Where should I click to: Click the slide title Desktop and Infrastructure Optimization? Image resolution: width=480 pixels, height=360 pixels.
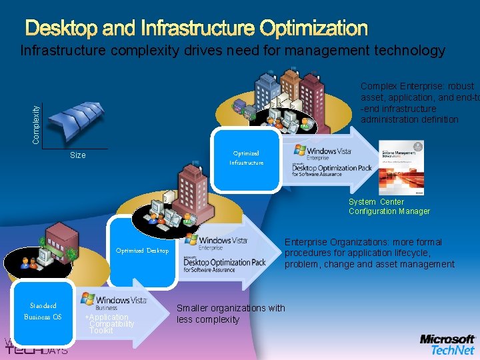[x=197, y=29]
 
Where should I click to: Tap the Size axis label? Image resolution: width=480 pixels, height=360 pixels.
[x=78, y=155]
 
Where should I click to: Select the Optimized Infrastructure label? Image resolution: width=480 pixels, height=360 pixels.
[x=246, y=158]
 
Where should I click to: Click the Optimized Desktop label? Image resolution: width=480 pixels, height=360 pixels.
[x=142, y=251]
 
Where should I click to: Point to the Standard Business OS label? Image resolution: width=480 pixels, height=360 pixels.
[x=43, y=311]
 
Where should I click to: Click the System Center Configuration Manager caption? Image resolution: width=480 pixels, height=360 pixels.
[x=389, y=207]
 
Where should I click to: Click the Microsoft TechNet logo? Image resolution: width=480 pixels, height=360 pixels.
[x=447, y=344]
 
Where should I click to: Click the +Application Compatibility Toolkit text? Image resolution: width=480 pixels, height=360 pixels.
[x=109, y=324]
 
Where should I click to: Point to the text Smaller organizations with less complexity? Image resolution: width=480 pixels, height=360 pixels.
[x=230, y=313]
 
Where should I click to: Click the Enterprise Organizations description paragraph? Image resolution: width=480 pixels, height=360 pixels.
[x=370, y=253]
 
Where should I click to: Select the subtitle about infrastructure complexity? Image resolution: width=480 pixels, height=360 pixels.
[x=232, y=51]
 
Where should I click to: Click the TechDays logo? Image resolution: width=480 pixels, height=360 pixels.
[x=37, y=347]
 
